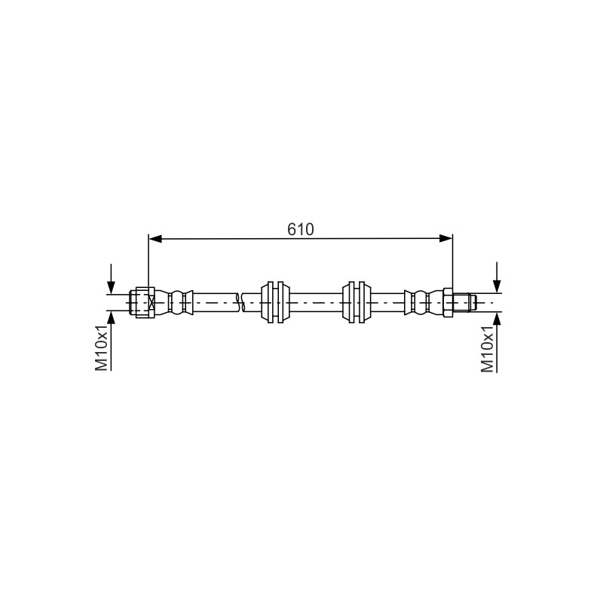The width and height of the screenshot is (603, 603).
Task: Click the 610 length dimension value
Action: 300,230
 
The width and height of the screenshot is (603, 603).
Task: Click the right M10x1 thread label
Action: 487,350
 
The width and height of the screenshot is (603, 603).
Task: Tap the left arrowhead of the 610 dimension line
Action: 155,239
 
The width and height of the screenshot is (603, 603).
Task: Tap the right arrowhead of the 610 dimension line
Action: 445,239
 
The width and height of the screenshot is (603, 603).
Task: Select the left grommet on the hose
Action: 275,302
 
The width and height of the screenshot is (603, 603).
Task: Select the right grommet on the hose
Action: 357,302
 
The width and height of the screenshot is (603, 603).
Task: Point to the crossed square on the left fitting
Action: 152,303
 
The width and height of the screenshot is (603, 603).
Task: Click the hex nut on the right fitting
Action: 448,302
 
